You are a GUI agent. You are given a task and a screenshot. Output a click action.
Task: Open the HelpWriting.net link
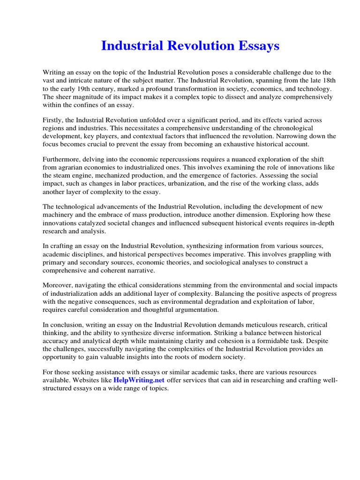click(x=139, y=380)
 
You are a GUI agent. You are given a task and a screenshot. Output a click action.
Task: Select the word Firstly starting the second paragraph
click(x=53, y=120)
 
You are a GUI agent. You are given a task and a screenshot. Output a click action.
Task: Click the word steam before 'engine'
click(x=63, y=176)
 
